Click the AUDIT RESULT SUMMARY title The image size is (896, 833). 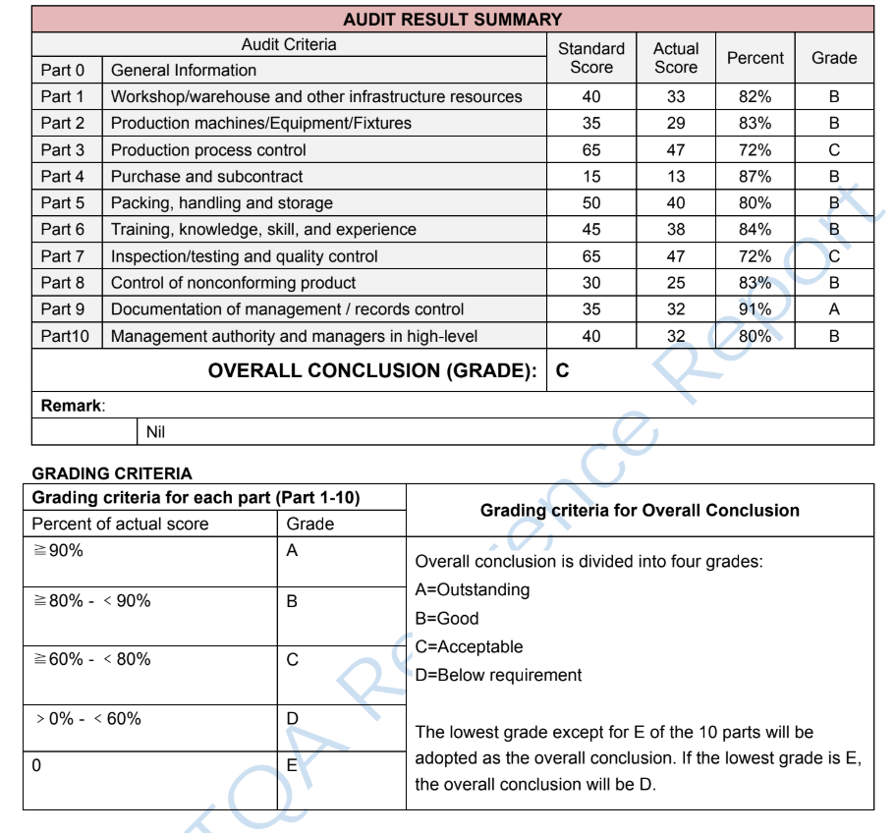click(453, 19)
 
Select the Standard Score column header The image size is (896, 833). click(591, 58)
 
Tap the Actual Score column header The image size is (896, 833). click(676, 58)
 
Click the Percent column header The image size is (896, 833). click(755, 58)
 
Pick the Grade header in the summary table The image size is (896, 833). click(834, 58)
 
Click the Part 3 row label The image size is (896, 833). click(63, 150)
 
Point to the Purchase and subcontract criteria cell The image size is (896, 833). click(206, 177)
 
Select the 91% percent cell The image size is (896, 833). click(755, 309)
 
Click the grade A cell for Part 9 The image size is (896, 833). click(834, 309)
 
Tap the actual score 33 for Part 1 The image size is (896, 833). click(676, 97)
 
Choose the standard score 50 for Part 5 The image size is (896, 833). click(591, 203)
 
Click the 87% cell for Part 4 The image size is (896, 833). click(755, 177)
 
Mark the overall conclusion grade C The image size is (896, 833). click(563, 371)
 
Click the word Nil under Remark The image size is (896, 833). click(155, 432)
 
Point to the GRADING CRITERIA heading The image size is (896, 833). click(112, 473)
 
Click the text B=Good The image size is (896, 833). click(447, 619)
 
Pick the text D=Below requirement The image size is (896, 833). click(498, 675)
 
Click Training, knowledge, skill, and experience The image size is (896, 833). click(263, 230)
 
